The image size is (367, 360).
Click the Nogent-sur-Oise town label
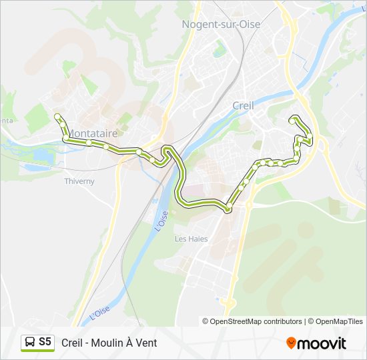click(x=221, y=24)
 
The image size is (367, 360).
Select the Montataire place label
click(x=93, y=133)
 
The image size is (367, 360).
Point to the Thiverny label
click(x=79, y=181)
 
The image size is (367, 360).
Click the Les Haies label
click(x=191, y=239)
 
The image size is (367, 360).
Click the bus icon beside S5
click(x=31, y=343)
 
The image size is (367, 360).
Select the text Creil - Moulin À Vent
click(x=109, y=343)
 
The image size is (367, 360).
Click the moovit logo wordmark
click(x=322, y=343)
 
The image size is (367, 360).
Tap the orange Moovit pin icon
click(x=291, y=343)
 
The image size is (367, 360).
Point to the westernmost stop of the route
click(x=57, y=117)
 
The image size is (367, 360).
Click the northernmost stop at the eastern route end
click(x=293, y=119)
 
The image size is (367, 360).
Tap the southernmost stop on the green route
click(x=228, y=209)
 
